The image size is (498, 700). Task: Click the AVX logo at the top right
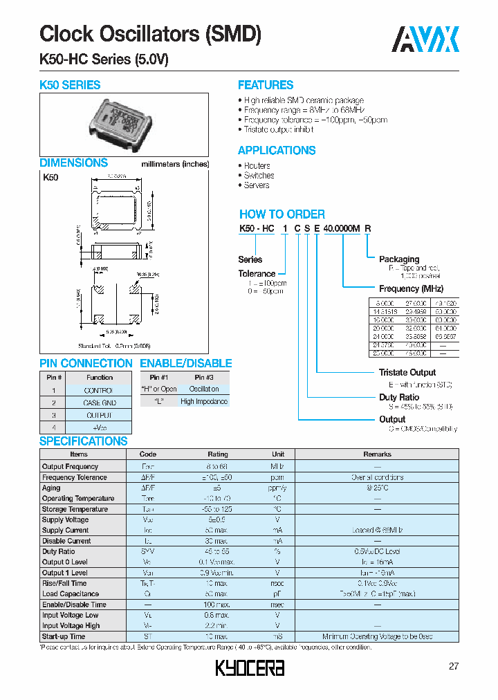point(425,39)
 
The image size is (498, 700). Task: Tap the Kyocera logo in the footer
point(250,667)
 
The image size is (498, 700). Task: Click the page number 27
point(454,666)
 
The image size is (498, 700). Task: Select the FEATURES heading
point(266,85)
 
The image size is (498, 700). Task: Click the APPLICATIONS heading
point(277,150)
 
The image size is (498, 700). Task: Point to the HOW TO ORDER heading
point(282,214)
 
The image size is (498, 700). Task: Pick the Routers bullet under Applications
point(257,166)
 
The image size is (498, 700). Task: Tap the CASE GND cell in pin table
point(100,403)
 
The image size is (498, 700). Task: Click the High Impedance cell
point(204,401)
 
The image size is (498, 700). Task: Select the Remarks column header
point(377,454)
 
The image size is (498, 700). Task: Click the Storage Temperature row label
point(75,509)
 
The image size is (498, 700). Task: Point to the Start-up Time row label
point(64,636)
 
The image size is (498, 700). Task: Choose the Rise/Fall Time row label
point(65,583)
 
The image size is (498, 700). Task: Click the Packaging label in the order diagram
point(399,259)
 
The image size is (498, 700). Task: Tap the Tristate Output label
point(407,373)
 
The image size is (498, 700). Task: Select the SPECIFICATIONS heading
point(84,441)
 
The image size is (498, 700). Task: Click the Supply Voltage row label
point(65,519)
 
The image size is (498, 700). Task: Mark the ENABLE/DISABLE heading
point(186,363)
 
